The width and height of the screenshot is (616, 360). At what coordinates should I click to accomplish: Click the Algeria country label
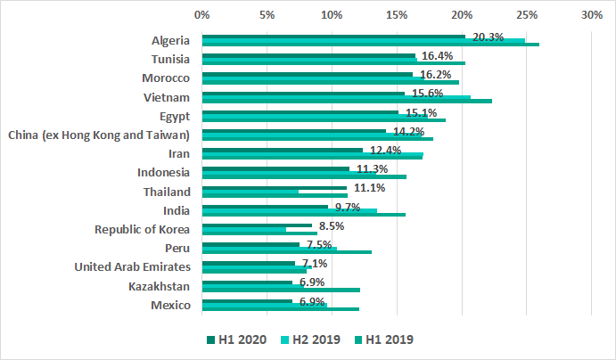pyautogui.click(x=170, y=40)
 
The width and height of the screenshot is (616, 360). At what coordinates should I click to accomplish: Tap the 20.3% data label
pyautogui.click(x=489, y=37)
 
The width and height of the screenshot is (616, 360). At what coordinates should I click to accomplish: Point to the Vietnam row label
pyautogui.click(x=168, y=97)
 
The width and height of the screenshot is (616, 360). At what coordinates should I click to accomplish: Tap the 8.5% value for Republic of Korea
pyautogui.click(x=332, y=226)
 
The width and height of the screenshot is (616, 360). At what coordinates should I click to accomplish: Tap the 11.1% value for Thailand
pyautogui.click(x=369, y=188)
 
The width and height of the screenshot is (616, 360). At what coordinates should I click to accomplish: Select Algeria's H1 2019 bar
pyautogui.click(x=370, y=44)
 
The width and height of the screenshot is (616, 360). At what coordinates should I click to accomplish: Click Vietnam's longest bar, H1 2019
pyautogui.click(x=347, y=102)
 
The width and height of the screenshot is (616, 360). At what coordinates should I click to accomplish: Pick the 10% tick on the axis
pyautogui.click(x=332, y=15)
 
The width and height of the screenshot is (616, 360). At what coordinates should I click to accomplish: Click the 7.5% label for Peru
pyautogui.click(x=319, y=245)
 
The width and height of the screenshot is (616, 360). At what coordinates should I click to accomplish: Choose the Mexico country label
pyautogui.click(x=171, y=306)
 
